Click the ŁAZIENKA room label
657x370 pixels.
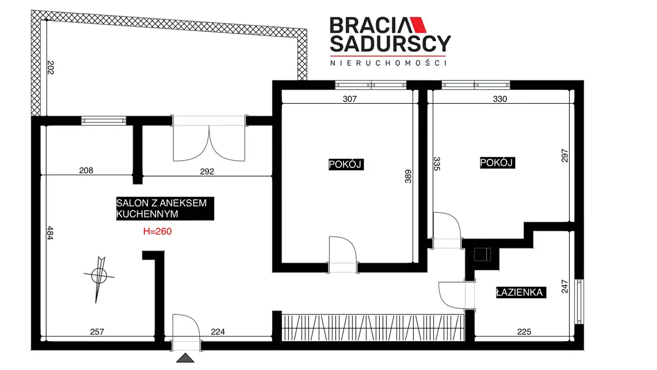pos(521,292)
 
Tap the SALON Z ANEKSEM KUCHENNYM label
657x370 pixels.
pos(165,209)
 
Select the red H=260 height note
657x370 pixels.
pos(157,231)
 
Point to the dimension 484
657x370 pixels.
pos(50,233)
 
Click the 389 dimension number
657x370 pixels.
pos(408,176)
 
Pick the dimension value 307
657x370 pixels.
pos(350,99)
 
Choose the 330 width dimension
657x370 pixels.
pos(500,99)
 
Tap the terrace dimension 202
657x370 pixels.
pos(50,67)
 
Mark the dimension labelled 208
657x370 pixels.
pos(86,170)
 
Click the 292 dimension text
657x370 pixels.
pos(207,172)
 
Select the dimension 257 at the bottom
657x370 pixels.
pos(97,331)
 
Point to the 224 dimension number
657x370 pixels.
pos(218,331)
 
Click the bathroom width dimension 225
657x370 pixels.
pos(524,331)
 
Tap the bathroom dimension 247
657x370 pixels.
pos(565,287)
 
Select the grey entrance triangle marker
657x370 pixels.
pos(185,358)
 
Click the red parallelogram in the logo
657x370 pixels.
pos(418,25)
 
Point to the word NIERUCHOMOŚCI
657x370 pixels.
pos(389,63)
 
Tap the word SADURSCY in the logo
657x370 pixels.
pos(391,44)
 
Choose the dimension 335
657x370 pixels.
pos(437,164)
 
